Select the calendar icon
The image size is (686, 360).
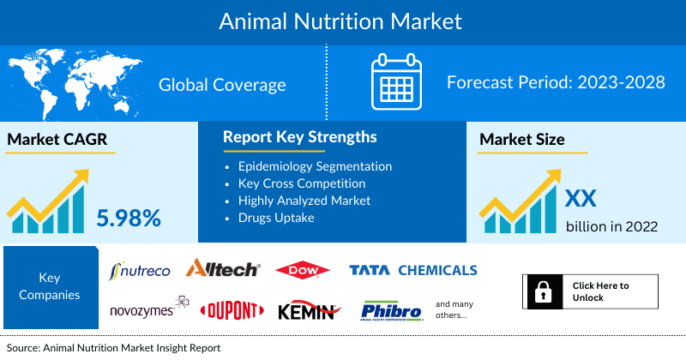396,83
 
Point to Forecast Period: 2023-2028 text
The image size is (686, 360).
556,83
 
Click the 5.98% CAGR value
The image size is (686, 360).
128,218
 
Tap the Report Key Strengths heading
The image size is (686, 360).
299,137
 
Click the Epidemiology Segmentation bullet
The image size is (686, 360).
315,166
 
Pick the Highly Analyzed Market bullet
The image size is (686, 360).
304,200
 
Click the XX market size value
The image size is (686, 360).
580,199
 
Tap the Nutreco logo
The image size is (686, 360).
141,270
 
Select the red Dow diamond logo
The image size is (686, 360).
303,271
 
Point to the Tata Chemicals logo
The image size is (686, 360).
412,270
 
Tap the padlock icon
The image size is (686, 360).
542,291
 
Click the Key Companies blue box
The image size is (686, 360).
49,287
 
